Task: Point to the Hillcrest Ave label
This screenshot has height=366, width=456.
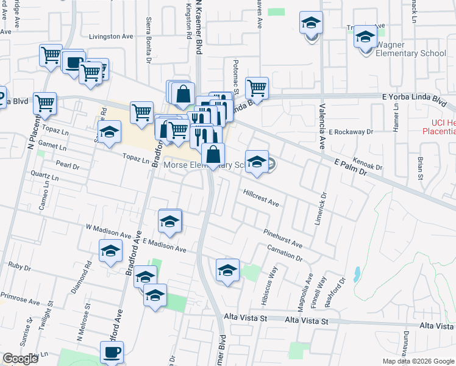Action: [261, 198]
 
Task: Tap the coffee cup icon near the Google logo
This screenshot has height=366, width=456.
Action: [112, 352]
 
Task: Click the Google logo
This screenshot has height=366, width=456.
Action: [20, 359]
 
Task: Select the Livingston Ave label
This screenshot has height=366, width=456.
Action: [111, 37]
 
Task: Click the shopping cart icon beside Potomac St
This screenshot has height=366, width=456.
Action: [257, 88]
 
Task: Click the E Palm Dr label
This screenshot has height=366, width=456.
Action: [353, 168]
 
